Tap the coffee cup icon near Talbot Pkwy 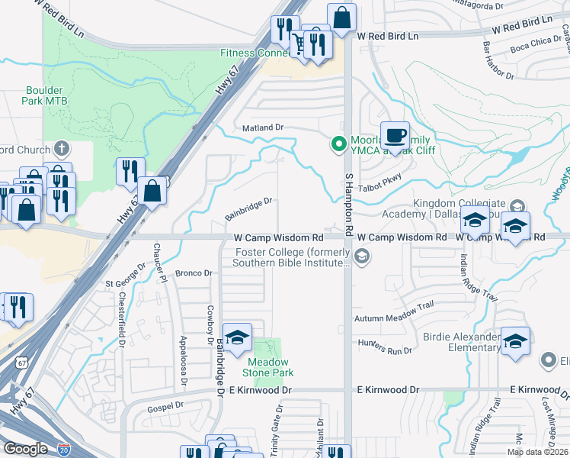click(x=394, y=136)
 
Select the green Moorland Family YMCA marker click(x=338, y=143)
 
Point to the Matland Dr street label click(x=263, y=127)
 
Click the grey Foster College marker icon click(x=363, y=256)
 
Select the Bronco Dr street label click(x=193, y=273)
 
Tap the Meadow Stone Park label click(x=267, y=367)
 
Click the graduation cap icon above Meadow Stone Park click(x=238, y=336)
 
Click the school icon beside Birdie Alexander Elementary click(x=515, y=341)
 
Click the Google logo click(x=25, y=448)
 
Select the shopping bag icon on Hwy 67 click(x=152, y=192)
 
